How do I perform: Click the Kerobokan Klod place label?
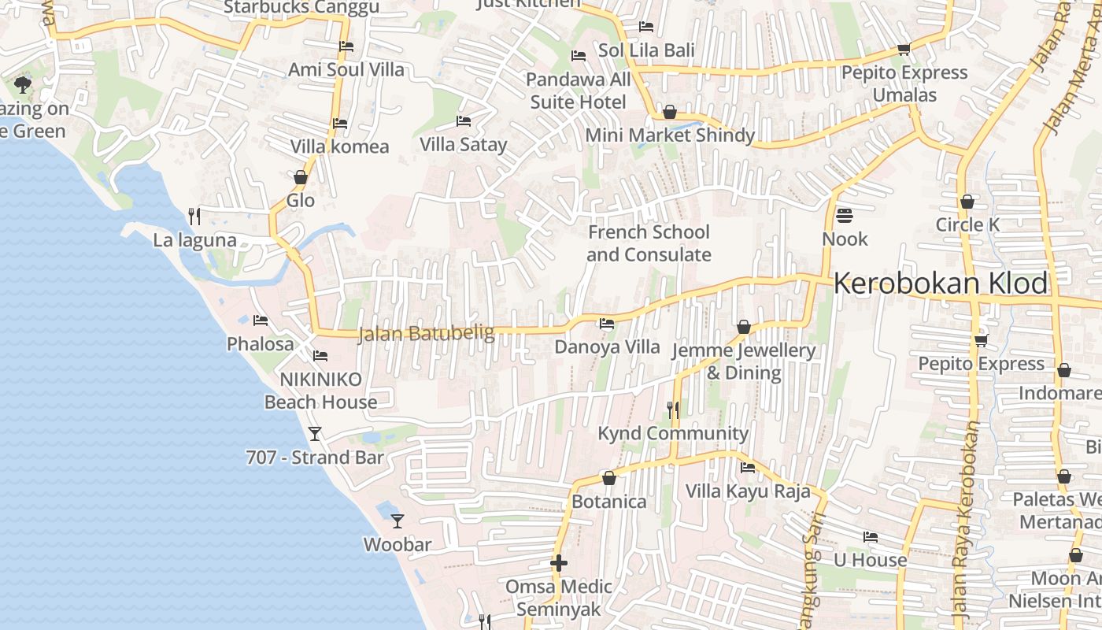pos(941,283)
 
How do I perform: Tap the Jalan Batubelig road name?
pos(426,334)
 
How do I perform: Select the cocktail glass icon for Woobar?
pos(398,521)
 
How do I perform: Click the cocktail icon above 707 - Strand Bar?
pos(315,433)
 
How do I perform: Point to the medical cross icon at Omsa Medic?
pos(559,563)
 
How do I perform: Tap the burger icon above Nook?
pos(845,215)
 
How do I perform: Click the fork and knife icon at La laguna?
pos(194,216)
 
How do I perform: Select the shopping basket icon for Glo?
pos(300,177)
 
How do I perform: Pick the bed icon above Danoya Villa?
pos(606,323)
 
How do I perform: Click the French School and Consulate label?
pos(649,243)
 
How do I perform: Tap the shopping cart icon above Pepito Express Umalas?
pos(904,49)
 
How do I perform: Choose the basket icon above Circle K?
pos(967,202)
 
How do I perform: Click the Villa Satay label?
pos(463,145)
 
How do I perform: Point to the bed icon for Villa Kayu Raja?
pos(748,468)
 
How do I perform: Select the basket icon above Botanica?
pos(608,478)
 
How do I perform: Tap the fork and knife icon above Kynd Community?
pos(673,409)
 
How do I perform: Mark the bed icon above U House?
pos(870,537)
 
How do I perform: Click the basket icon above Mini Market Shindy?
pos(670,112)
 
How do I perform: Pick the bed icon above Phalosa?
pos(261,320)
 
